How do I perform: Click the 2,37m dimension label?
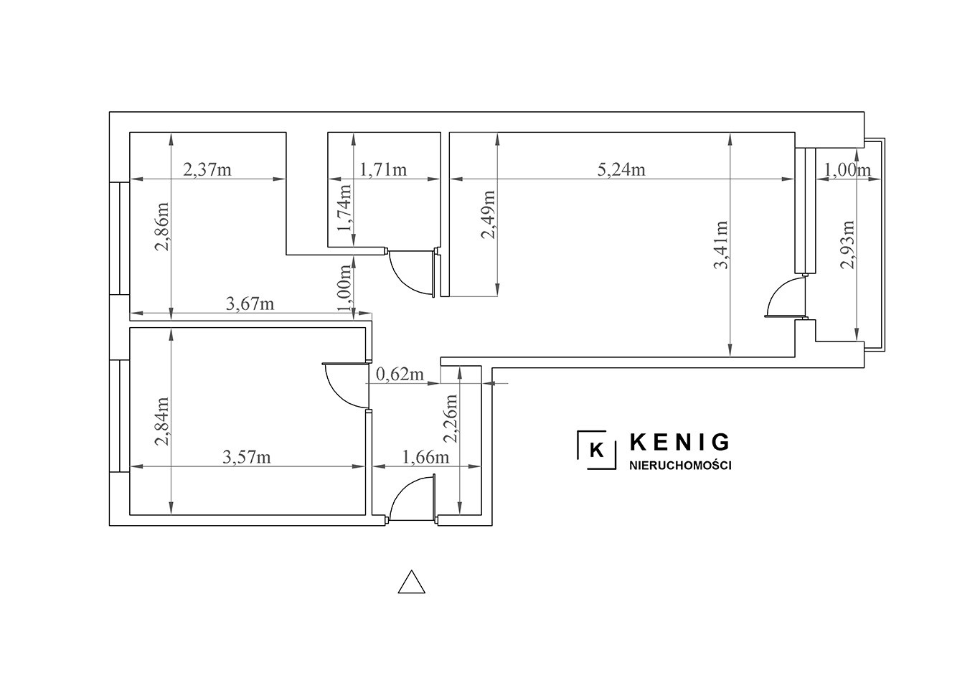[x=207, y=169]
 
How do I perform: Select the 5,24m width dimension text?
[x=621, y=169]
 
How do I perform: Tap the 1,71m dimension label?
[x=383, y=169]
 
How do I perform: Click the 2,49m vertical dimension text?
[x=488, y=214]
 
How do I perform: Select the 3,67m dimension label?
[x=250, y=303]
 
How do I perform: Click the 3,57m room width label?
[x=247, y=457]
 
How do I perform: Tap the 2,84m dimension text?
[x=162, y=421]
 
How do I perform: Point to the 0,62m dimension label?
[x=400, y=374]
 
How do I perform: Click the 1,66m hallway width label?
[x=425, y=457]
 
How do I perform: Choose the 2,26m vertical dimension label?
[x=451, y=419]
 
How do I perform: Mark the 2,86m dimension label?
[x=162, y=226]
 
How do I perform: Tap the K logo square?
[x=597, y=450]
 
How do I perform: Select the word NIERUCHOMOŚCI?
[x=680, y=466]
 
